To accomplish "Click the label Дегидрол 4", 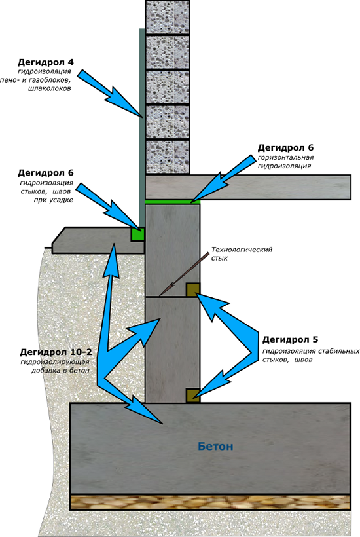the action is click(x=46, y=62).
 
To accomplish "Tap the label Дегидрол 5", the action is click(x=290, y=340).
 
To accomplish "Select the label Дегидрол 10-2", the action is click(x=56, y=352).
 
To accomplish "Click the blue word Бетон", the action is click(x=215, y=446).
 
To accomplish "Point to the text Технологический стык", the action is click(x=242, y=253).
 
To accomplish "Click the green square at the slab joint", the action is click(x=137, y=234).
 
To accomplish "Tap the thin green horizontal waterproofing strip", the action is click(x=172, y=202).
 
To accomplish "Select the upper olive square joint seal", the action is click(x=193, y=289).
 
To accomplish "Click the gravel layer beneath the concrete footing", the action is click(x=210, y=502).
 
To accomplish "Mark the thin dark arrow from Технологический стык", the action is click(x=185, y=274).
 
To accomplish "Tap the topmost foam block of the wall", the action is click(x=168, y=17).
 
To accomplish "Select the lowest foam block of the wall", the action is click(x=168, y=157).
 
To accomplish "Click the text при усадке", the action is click(x=53, y=200).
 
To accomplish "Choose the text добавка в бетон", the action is click(x=60, y=371).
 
